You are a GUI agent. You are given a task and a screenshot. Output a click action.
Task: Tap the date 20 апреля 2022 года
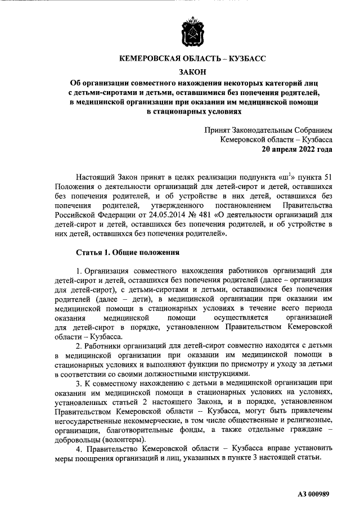click(x=296, y=150)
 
